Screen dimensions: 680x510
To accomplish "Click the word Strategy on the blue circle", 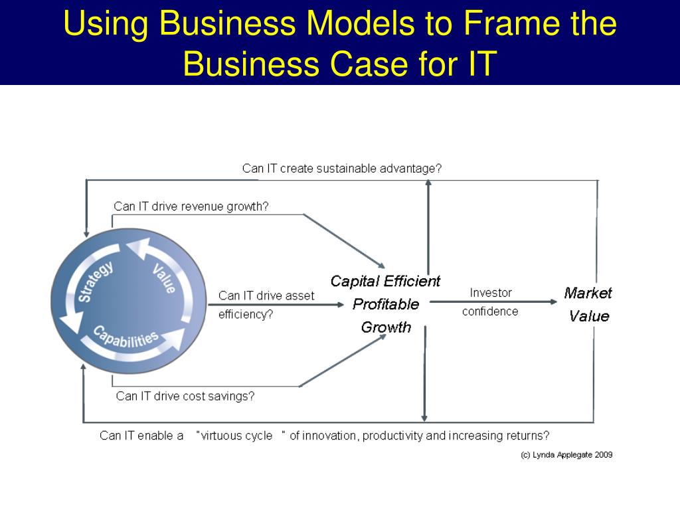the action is tap(96, 282).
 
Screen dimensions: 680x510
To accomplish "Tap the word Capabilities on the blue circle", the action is tap(126, 336).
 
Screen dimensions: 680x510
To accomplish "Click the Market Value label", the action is tap(588, 304).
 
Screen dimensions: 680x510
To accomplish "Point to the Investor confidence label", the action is tap(491, 302).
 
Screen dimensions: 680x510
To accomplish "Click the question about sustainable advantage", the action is tap(341, 169).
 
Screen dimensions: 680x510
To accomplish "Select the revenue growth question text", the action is tap(191, 207).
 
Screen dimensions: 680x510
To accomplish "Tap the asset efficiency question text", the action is tap(266, 305).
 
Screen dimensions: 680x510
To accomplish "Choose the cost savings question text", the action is tap(185, 396).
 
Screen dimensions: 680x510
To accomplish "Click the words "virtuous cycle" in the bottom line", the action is tap(237, 436).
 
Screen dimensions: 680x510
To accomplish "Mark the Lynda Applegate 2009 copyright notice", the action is tap(566, 455).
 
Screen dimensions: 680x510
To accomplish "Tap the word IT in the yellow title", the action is tap(477, 64).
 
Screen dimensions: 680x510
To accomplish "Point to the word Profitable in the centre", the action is tap(386, 304).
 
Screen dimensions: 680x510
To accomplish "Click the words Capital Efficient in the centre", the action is tap(385, 282).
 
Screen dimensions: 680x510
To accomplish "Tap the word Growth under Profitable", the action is tap(386, 327).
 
